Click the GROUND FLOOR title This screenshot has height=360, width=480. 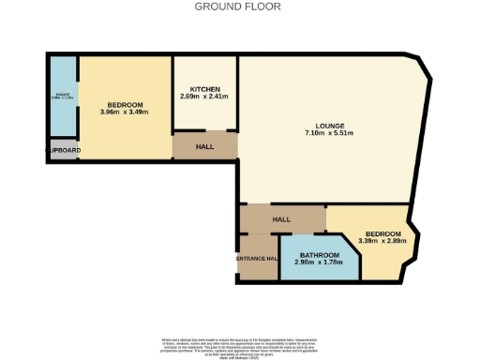[239, 7]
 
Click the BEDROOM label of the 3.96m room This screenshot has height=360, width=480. [124, 104]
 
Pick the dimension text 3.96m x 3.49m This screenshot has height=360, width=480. [124, 112]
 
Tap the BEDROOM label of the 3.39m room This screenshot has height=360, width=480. [383, 233]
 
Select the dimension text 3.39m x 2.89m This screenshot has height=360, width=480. [383, 242]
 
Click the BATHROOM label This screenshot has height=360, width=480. [317, 254]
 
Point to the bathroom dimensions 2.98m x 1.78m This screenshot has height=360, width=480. [317, 262]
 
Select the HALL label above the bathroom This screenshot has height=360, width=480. [281, 219]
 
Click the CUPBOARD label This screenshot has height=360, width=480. [63, 150]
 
